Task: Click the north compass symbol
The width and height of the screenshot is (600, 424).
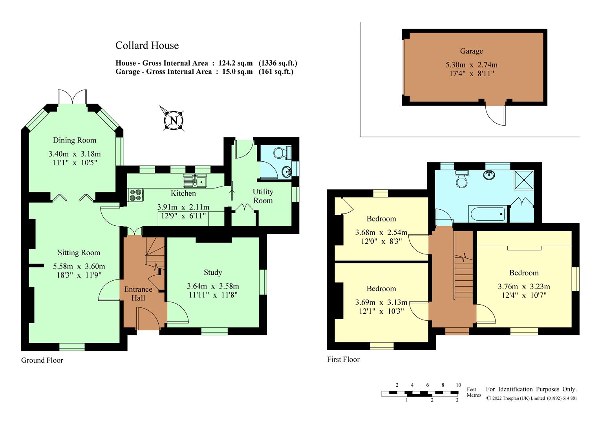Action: (x=173, y=120)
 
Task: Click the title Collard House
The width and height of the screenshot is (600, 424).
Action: (x=147, y=46)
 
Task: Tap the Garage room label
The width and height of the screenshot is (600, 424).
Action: (x=471, y=51)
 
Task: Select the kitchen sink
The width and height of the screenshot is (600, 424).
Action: (x=195, y=181)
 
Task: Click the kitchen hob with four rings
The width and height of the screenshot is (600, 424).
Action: (x=135, y=195)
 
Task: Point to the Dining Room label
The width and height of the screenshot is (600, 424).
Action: (x=75, y=140)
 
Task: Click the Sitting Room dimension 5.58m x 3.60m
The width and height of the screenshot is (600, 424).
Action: (x=79, y=267)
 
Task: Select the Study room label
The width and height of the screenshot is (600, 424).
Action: (x=213, y=272)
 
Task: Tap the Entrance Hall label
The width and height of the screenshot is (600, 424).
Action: (x=138, y=294)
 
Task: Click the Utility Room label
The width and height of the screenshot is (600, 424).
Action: (x=263, y=196)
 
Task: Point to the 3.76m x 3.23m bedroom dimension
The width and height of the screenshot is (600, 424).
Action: (x=524, y=287)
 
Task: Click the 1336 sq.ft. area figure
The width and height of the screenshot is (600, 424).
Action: (x=278, y=63)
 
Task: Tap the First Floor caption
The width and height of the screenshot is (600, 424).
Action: (x=343, y=359)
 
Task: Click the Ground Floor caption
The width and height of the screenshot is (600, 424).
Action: (x=42, y=360)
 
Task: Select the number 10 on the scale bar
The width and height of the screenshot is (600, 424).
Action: (x=458, y=385)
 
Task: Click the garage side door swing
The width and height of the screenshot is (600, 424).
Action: (x=496, y=116)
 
